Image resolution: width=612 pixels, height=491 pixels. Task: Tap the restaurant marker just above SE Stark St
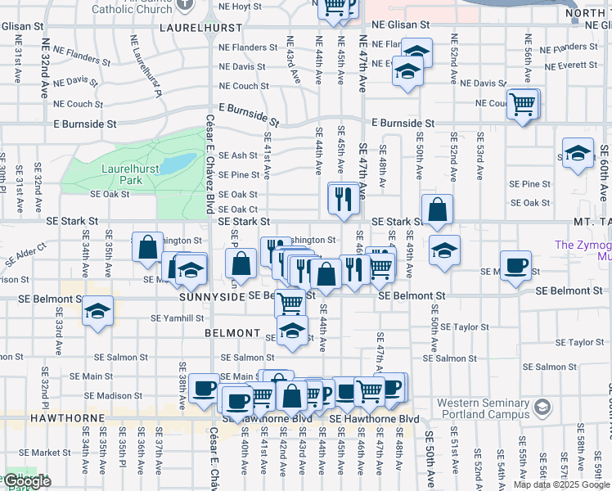pos(343,198)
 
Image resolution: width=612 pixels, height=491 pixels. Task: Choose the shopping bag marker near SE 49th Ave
pos(439,210)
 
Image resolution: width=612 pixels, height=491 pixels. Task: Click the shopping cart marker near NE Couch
pos(523,105)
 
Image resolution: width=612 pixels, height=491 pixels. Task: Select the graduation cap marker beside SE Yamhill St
pos(97,311)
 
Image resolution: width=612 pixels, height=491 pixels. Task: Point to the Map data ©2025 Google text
pos(560,484)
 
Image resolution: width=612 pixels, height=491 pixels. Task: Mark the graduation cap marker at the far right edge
pos(578,153)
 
